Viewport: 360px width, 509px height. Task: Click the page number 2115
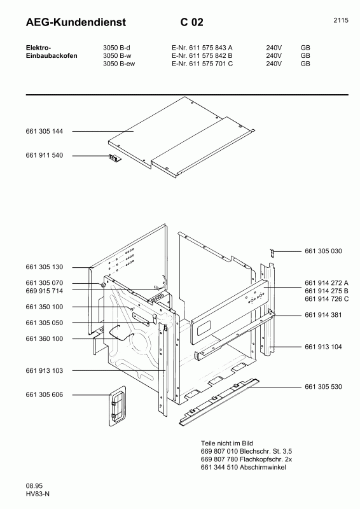pyautogui.click(x=340, y=20)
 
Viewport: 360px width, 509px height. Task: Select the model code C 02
pyautogui.click(x=191, y=22)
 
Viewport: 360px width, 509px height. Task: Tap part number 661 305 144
pyautogui.click(x=44, y=131)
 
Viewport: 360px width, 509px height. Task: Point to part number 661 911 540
pyautogui.click(x=44, y=155)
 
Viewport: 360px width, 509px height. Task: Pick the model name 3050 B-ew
pyautogui.click(x=120, y=64)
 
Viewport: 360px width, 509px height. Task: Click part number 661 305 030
pyautogui.click(x=323, y=251)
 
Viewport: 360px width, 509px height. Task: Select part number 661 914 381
pyautogui.click(x=323, y=315)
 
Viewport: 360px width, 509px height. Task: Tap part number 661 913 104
pyautogui.click(x=323, y=347)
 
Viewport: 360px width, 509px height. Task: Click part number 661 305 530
pyautogui.click(x=323, y=386)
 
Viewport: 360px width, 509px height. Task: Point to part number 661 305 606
pyautogui.click(x=44, y=394)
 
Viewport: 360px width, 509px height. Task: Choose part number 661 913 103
pyautogui.click(x=44, y=370)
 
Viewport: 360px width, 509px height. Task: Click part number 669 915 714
pyautogui.click(x=44, y=290)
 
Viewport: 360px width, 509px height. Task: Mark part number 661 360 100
pyautogui.click(x=44, y=339)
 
